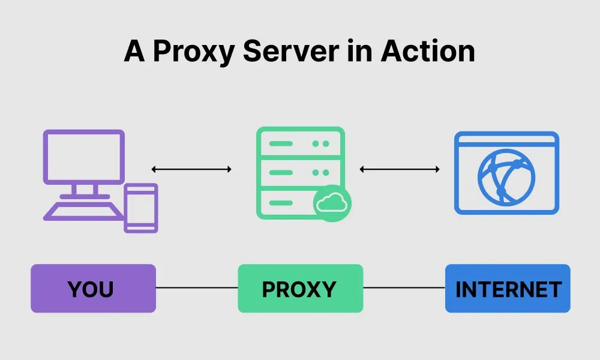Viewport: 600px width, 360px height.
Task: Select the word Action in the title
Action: (x=427, y=52)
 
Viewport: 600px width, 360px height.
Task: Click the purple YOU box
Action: (x=93, y=289)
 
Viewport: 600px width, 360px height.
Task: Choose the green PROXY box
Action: (x=300, y=289)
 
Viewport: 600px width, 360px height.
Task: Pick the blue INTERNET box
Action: (x=508, y=289)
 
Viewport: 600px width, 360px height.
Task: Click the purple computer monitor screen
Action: (x=84, y=156)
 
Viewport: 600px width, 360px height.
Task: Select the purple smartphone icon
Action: (x=141, y=208)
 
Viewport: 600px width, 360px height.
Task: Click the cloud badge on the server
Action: (x=332, y=203)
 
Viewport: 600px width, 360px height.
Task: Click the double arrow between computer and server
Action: (x=191, y=169)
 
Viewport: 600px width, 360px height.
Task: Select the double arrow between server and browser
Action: (x=400, y=169)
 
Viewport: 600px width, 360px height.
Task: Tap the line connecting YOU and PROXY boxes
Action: (x=197, y=288)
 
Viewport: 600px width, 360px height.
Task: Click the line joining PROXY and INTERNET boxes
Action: (x=404, y=288)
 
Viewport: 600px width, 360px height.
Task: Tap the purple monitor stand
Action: (x=84, y=190)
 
